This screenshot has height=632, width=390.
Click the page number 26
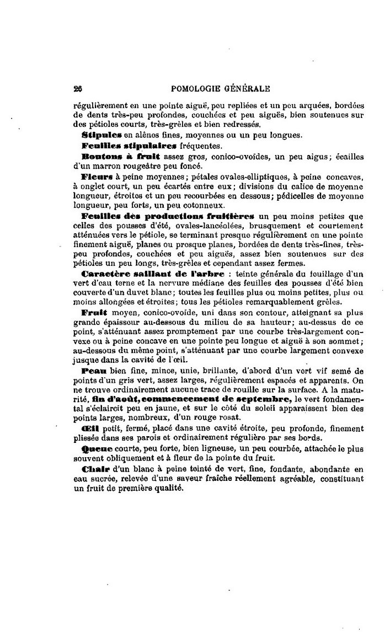pos(77,88)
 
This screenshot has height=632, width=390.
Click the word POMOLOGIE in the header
pos(199,88)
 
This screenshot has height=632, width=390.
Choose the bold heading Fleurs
pos(97,178)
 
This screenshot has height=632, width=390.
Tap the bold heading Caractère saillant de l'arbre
pos(152,274)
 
